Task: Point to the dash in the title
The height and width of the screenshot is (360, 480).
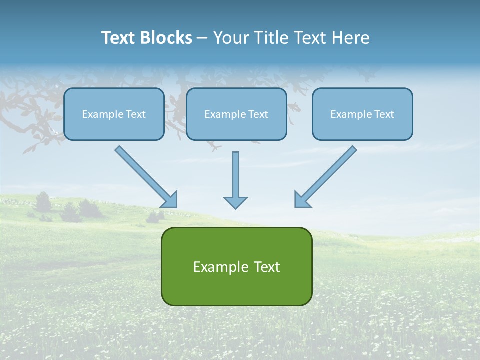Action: (x=203, y=38)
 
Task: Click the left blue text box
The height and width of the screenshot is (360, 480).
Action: (x=114, y=114)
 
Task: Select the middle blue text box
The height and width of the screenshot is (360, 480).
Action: (x=236, y=114)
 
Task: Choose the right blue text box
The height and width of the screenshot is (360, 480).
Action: (x=362, y=114)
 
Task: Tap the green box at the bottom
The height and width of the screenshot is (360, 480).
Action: (x=236, y=266)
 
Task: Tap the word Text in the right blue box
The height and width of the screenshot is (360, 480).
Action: (x=384, y=114)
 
